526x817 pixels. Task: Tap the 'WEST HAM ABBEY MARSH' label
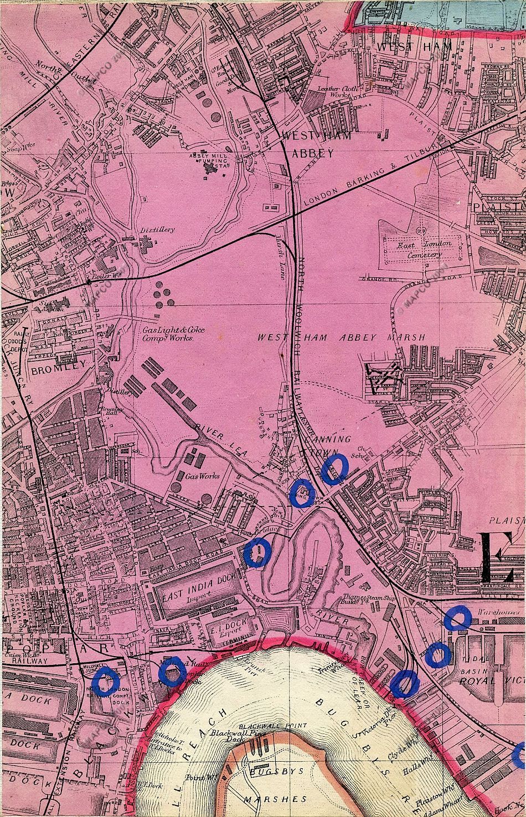click(x=342, y=337)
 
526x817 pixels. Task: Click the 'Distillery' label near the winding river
click(x=157, y=230)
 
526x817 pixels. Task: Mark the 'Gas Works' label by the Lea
click(x=203, y=475)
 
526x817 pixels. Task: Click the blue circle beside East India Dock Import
click(x=257, y=552)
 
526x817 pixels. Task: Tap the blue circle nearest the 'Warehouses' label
click(x=457, y=618)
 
